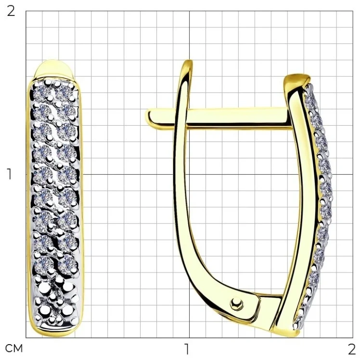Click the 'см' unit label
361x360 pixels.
tap(14, 349)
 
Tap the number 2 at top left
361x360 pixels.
tap(11, 11)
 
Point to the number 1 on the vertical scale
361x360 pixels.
tap(9, 174)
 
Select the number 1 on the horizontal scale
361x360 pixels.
tap(187, 349)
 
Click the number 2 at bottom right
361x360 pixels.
tap(352, 349)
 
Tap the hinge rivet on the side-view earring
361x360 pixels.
tap(236, 304)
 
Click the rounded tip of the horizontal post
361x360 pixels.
tap(149, 117)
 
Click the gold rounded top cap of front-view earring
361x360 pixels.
tap(54, 69)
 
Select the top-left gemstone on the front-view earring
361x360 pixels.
tap(41, 91)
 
